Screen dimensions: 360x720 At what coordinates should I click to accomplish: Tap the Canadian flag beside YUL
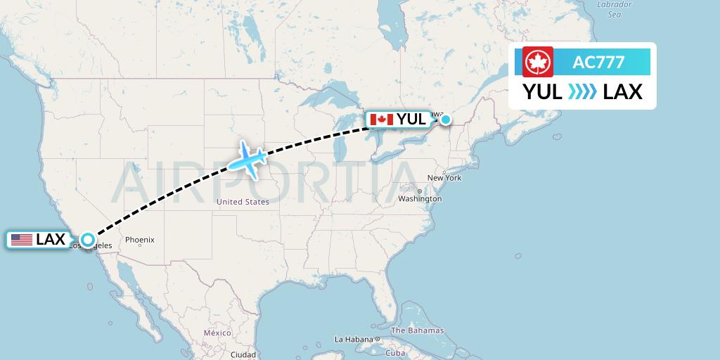tap(381, 120)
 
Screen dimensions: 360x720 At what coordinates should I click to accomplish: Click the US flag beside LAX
tap(22, 240)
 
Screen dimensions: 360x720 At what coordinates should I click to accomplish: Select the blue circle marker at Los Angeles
tap(88, 240)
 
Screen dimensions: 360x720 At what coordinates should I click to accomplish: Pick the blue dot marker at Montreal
tap(445, 120)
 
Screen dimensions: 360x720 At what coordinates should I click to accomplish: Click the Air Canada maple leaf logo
tap(538, 62)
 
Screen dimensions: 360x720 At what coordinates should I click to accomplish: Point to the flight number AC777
tap(598, 62)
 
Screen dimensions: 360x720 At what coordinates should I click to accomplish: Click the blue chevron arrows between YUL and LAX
tap(582, 92)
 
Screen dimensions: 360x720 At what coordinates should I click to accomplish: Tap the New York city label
tap(444, 178)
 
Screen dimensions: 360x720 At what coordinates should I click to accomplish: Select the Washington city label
tap(420, 199)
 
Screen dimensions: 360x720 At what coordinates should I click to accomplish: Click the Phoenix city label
tap(139, 240)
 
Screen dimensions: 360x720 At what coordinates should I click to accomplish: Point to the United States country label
tap(243, 202)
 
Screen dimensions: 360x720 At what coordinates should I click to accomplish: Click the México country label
tap(217, 333)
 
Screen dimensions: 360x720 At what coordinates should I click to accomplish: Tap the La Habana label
tap(354, 339)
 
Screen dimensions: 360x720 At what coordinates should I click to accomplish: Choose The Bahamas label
tap(417, 330)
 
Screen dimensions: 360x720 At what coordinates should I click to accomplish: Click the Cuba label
tap(395, 353)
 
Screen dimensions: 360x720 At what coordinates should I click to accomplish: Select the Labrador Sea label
tap(614, 8)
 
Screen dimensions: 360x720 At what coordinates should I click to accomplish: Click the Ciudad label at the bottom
tap(243, 354)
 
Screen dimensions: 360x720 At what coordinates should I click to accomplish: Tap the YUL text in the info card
tap(542, 92)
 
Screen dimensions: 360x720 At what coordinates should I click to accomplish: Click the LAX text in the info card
tap(623, 92)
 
